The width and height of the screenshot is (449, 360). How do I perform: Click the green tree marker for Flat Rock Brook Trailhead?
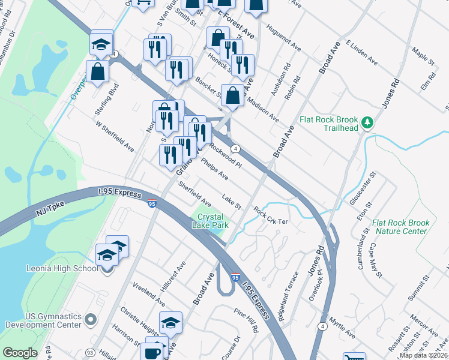click(x=368, y=124)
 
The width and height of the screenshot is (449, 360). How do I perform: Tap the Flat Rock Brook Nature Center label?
click(x=400, y=226)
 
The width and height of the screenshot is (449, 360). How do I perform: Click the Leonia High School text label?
click(x=62, y=268)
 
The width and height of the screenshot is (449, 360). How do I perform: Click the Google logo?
click(x=20, y=353)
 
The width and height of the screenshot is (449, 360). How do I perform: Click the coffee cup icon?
click(x=153, y=350)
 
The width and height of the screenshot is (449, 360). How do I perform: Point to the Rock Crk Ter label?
click(x=271, y=216)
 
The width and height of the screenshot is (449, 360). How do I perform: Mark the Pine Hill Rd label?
click(x=246, y=321)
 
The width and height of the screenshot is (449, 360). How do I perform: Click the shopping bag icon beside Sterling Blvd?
click(x=97, y=71)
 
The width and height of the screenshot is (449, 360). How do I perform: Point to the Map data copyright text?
click(x=424, y=355)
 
